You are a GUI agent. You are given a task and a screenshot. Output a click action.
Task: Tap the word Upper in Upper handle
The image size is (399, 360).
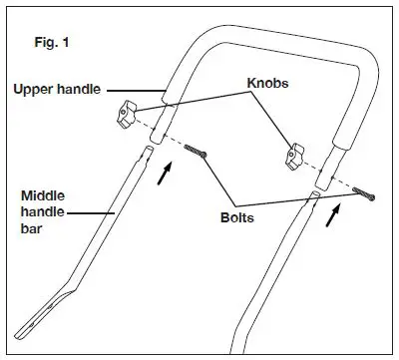pyautogui.click(x=33, y=90)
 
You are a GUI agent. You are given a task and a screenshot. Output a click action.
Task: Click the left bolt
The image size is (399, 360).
pyautogui.click(x=196, y=151)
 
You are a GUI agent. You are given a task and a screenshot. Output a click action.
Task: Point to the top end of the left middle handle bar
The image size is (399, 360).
pyautogui.click(x=148, y=152)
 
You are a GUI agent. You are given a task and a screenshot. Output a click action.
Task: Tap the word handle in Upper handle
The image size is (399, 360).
pyautogui.click(x=85, y=90)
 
